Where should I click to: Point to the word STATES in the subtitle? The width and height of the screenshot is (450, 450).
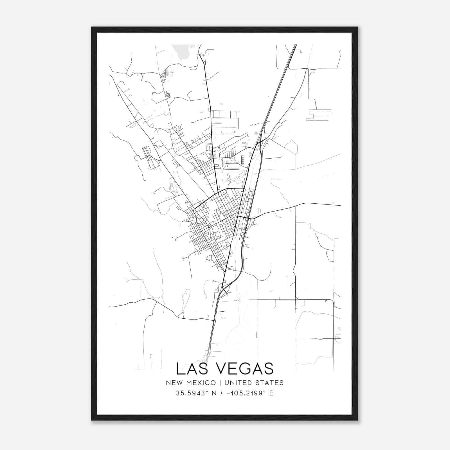point(270,383)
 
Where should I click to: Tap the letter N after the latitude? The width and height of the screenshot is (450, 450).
point(214,393)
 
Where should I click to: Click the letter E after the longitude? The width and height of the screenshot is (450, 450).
point(271,393)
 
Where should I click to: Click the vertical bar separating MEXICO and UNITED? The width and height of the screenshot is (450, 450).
point(219,383)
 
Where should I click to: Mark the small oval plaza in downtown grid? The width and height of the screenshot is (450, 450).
point(209,226)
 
